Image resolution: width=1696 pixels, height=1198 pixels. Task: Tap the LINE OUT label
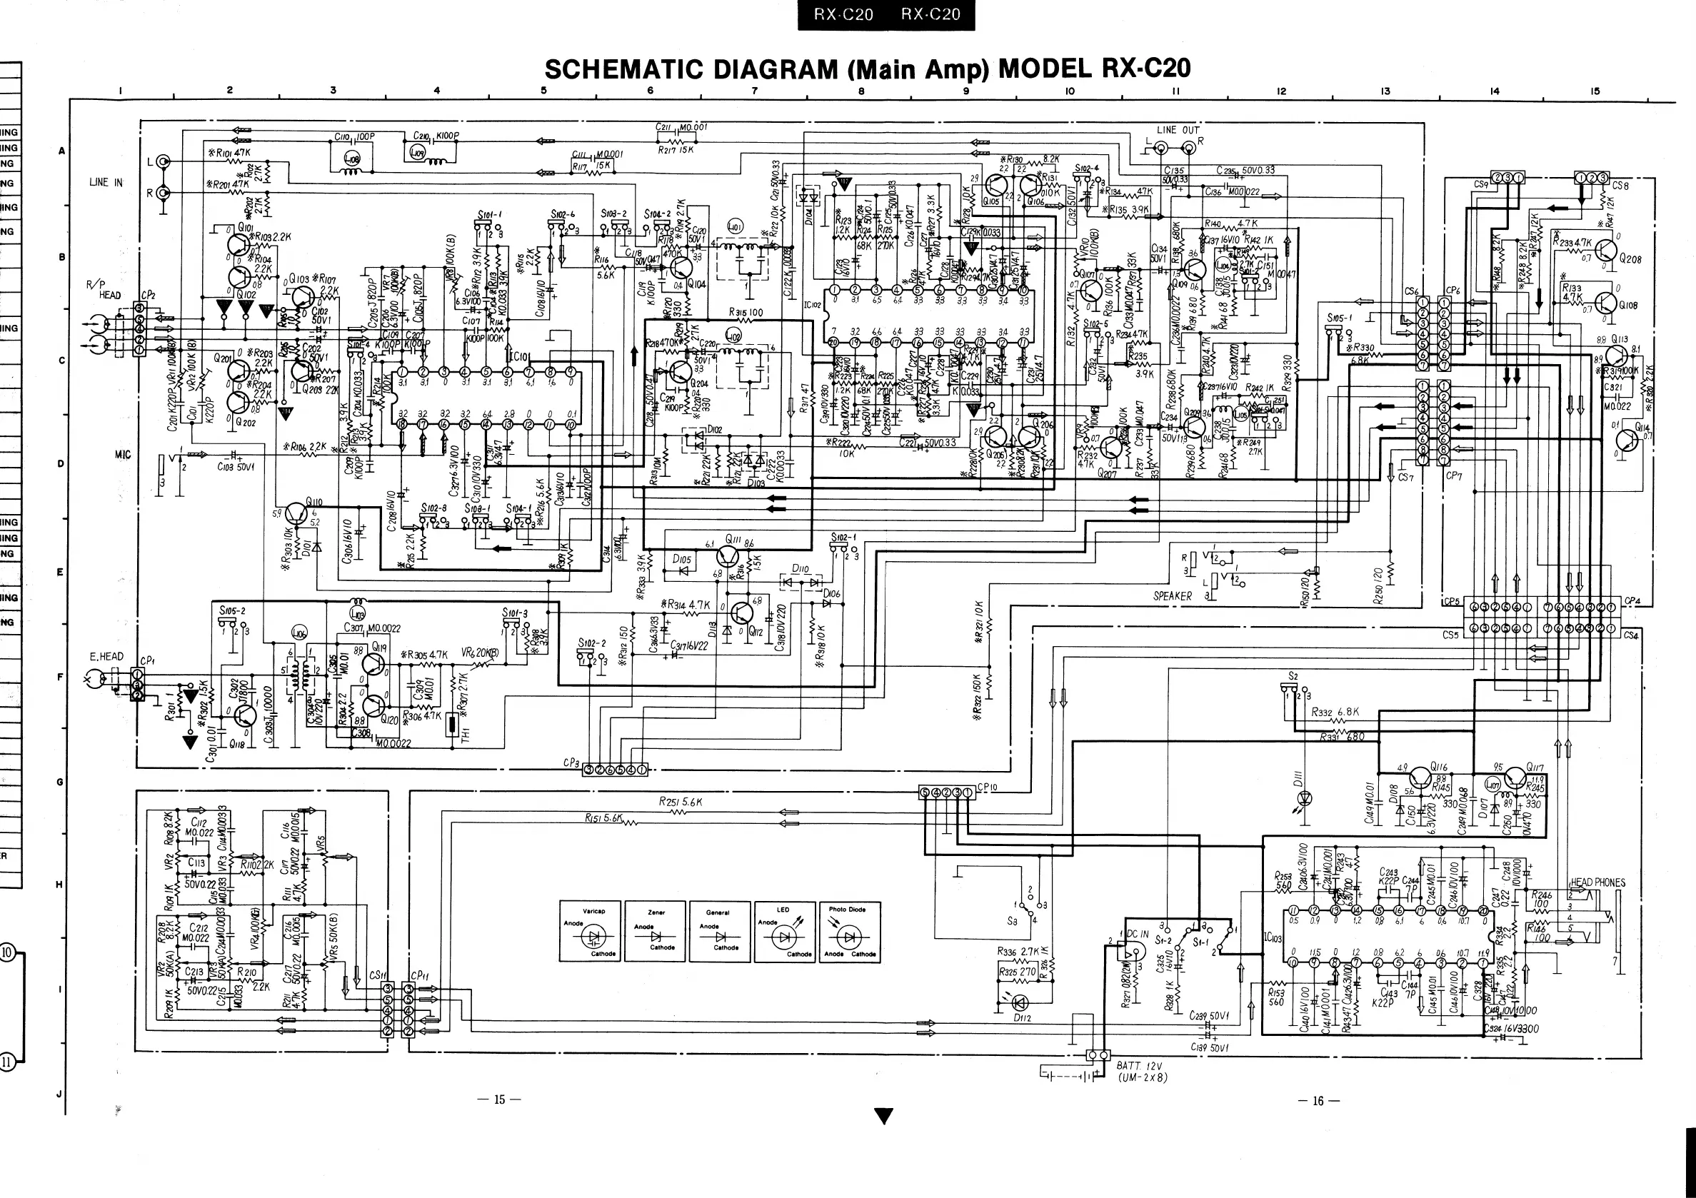[x=1178, y=130]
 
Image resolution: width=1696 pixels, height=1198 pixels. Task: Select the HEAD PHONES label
[x=1597, y=882]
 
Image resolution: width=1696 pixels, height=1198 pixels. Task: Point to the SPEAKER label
[x=1173, y=596]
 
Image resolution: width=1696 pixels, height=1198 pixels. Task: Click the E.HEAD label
[x=106, y=657]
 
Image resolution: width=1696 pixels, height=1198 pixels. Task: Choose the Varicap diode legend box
[x=591, y=932]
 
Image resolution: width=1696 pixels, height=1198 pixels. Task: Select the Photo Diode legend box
[x=848, y=932]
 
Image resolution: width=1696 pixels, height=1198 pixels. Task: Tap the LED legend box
[x=785, y=932]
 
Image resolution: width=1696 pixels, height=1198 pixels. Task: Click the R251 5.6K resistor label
[x=681, y=801]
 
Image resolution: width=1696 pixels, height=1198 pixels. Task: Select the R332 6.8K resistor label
[x=1335, y=713]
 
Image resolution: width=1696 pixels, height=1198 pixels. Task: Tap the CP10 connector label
[x=988, y=787]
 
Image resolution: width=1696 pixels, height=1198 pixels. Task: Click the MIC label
[x=123, y=455]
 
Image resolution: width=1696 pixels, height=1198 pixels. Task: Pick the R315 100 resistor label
[x=746, y=313]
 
